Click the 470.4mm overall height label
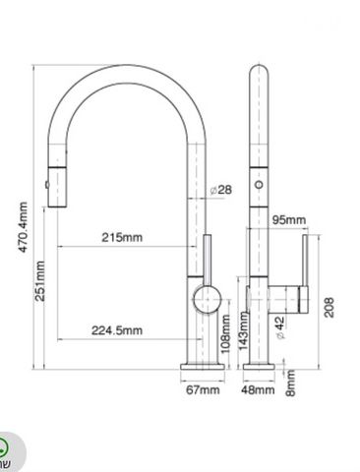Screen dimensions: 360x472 pyautogui.click(x=23, y=227)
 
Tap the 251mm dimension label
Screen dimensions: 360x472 pyautogui.click(x=40, y=281)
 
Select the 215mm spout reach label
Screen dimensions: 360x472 pyautogui.click(x=122, y=237)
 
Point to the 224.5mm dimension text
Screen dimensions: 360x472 pyautogui.click(x=117, y=330)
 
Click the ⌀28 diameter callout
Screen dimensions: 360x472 pyautogui.click(x=220, y=190)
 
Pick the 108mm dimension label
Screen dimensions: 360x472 pyautogui.click(x=225, y=333)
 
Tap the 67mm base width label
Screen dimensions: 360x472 pyautogui.click(x=203, y=389)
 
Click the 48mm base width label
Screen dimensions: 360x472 pyautogui.click(x=258, y=389)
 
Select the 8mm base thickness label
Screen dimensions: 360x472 pyautogui.click(x=290, y=383)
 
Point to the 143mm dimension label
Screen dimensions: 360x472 pyautogui.click(x=243, y=330)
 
